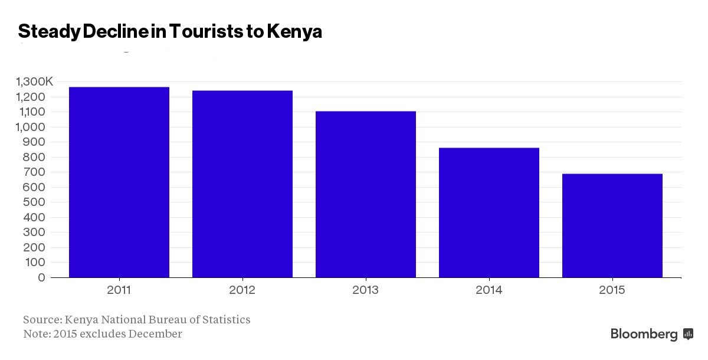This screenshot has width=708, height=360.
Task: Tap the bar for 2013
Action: [366, 194]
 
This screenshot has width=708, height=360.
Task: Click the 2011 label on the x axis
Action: [119, 290]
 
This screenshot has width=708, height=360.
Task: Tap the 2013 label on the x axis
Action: [366, 290]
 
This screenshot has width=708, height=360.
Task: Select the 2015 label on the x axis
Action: [612, 290]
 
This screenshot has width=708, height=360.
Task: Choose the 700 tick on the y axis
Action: [36, 172]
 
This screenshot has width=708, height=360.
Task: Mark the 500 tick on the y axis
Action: [36, 202]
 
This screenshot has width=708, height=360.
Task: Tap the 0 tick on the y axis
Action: [41, 277]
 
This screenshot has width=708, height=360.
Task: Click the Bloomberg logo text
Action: [644, 335]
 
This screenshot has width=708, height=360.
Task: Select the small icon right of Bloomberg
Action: [688, 335]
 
